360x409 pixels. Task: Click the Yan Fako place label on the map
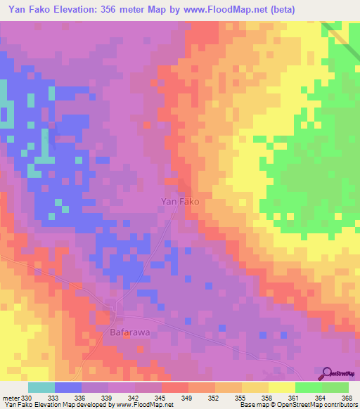180,202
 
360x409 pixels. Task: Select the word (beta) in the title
281,9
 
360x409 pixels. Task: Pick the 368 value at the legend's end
346,398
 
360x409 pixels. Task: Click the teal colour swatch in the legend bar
41,387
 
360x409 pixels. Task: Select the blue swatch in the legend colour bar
68,387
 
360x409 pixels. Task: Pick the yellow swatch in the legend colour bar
281,387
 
